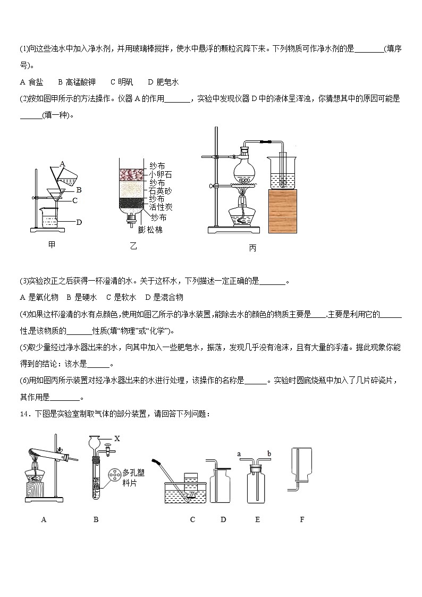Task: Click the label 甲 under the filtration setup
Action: click(52, 245)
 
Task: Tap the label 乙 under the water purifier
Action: click(133, 246)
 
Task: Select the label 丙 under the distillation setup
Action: click(252, 248)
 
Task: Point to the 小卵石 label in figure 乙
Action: click(161, 174)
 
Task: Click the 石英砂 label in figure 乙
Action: click(161, 190)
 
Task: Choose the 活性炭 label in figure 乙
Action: click(161, 207)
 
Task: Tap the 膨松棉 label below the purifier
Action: click(150, 230)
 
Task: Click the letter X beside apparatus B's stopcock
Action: click(117, 440)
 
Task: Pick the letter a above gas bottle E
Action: click(240, 453)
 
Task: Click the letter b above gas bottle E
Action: click(269, 453)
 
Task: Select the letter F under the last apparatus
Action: click(302, 519)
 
